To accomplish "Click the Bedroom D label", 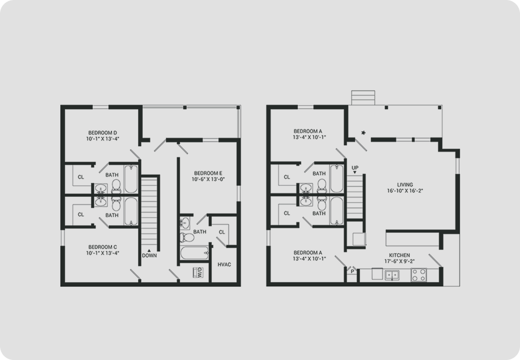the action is (x=103, y=133).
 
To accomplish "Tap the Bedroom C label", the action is (x=103, y=247).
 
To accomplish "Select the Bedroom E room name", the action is (x=208, y=173).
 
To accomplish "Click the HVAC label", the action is (x=224, y=264).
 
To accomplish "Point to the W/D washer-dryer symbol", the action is (x=198, y=272).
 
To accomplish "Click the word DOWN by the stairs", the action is (x=149, y=255).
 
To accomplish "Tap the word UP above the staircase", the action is (x=355, y=168).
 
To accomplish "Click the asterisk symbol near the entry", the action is (x=363, y=133).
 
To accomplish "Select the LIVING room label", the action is (x=405, y=185).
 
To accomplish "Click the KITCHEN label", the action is (x=399, y=255).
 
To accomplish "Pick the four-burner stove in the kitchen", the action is (x=419, y=275).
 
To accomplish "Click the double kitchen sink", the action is (x=392, y=275).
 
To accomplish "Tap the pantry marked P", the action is (x=352, y=271).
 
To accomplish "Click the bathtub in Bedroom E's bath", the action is (x=194, y=253).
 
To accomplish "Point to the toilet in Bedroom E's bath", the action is (x=187, y=237).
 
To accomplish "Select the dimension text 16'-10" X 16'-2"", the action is (x=405, y=191).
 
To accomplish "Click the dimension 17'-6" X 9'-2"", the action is (x=399, y=261).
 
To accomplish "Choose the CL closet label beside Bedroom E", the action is (x=222, y=232).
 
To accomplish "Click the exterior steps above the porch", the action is (x=363, y=98).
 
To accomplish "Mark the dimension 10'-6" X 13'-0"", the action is (x=208, y=179).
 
